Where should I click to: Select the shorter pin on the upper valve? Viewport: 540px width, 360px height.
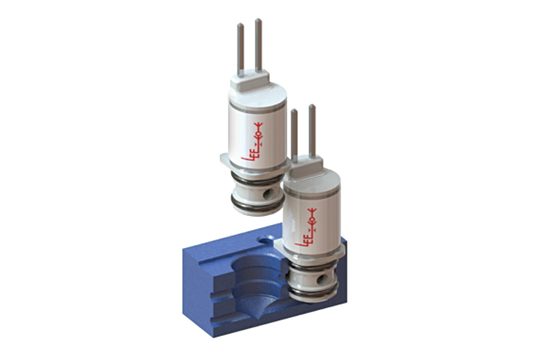tap(241, 48)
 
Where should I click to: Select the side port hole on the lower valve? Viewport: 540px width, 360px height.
tap(321, 278)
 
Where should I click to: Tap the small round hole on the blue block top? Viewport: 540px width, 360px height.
tap(266, 238)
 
